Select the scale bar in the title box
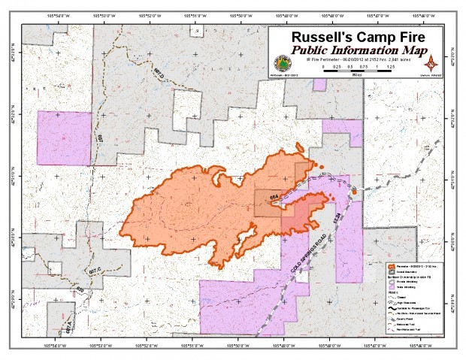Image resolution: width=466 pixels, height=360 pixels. tap(359, 69)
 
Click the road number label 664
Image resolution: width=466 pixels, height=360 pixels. tap(274, 197)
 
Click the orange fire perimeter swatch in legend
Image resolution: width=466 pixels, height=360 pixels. tap(390, 267)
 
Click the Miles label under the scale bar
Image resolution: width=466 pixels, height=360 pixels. tap(359, 75)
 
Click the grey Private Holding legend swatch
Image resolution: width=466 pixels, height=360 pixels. tap(390, 283)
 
